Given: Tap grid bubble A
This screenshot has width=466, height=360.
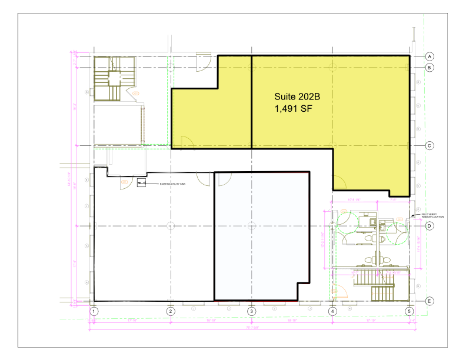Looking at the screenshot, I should tap(430, 56).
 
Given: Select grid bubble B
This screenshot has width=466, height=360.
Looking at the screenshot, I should tap(430, 68).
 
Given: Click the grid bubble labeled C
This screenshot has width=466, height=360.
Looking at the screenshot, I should tap(430, 145).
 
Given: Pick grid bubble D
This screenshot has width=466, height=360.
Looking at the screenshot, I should tap(430, 226).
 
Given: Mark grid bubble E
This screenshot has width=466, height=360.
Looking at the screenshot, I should tap(430, 301).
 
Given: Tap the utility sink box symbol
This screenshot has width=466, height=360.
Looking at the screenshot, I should tap(141, 184).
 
